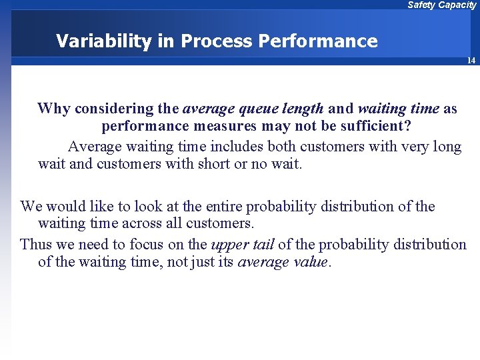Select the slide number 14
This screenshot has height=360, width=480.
coord(471,61)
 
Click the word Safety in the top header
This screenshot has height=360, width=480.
coord(421,5)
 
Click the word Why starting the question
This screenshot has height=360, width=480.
coord(54,108)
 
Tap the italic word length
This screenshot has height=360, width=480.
coord(303,108)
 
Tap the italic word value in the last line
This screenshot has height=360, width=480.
coord(309,262)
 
